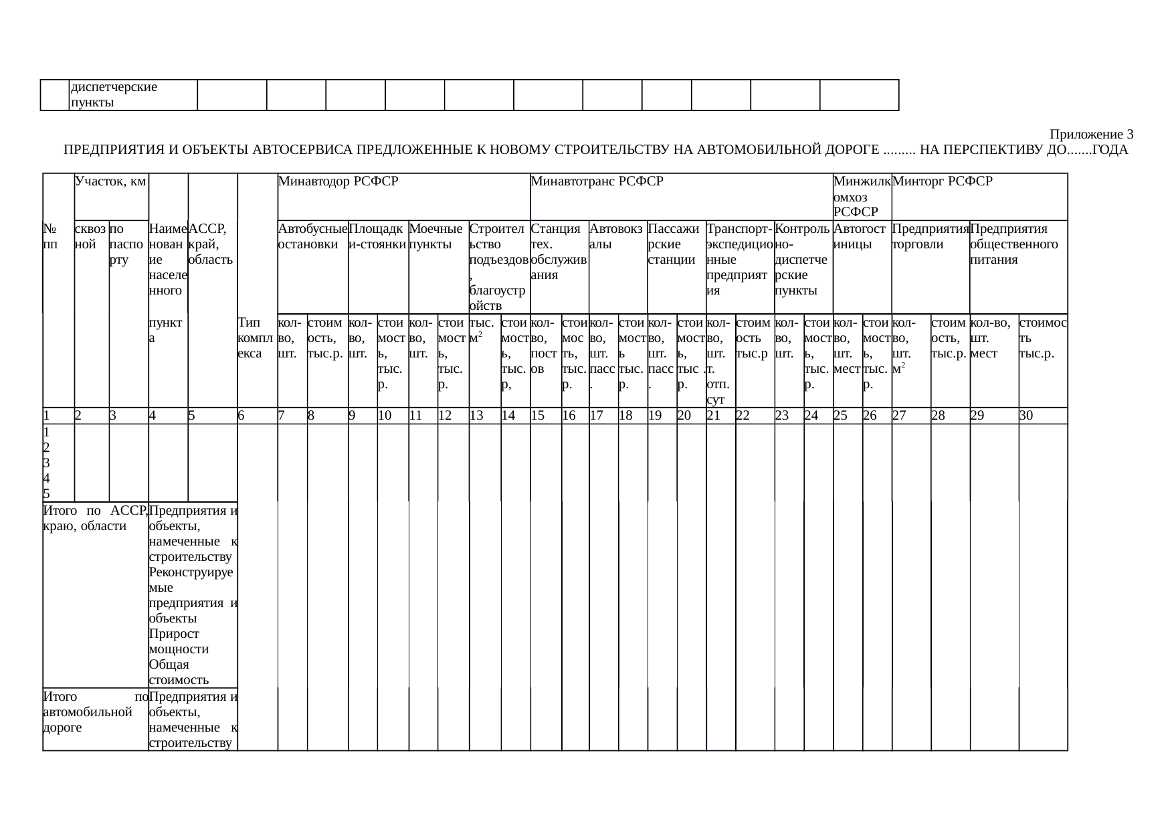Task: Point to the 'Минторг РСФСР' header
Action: point(943,181)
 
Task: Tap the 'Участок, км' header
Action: point(111,181)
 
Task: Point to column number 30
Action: point(1025,416)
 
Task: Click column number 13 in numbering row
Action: point(476,416)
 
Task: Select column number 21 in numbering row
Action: point(714,416)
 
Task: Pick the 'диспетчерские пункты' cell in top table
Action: point(114,95)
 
